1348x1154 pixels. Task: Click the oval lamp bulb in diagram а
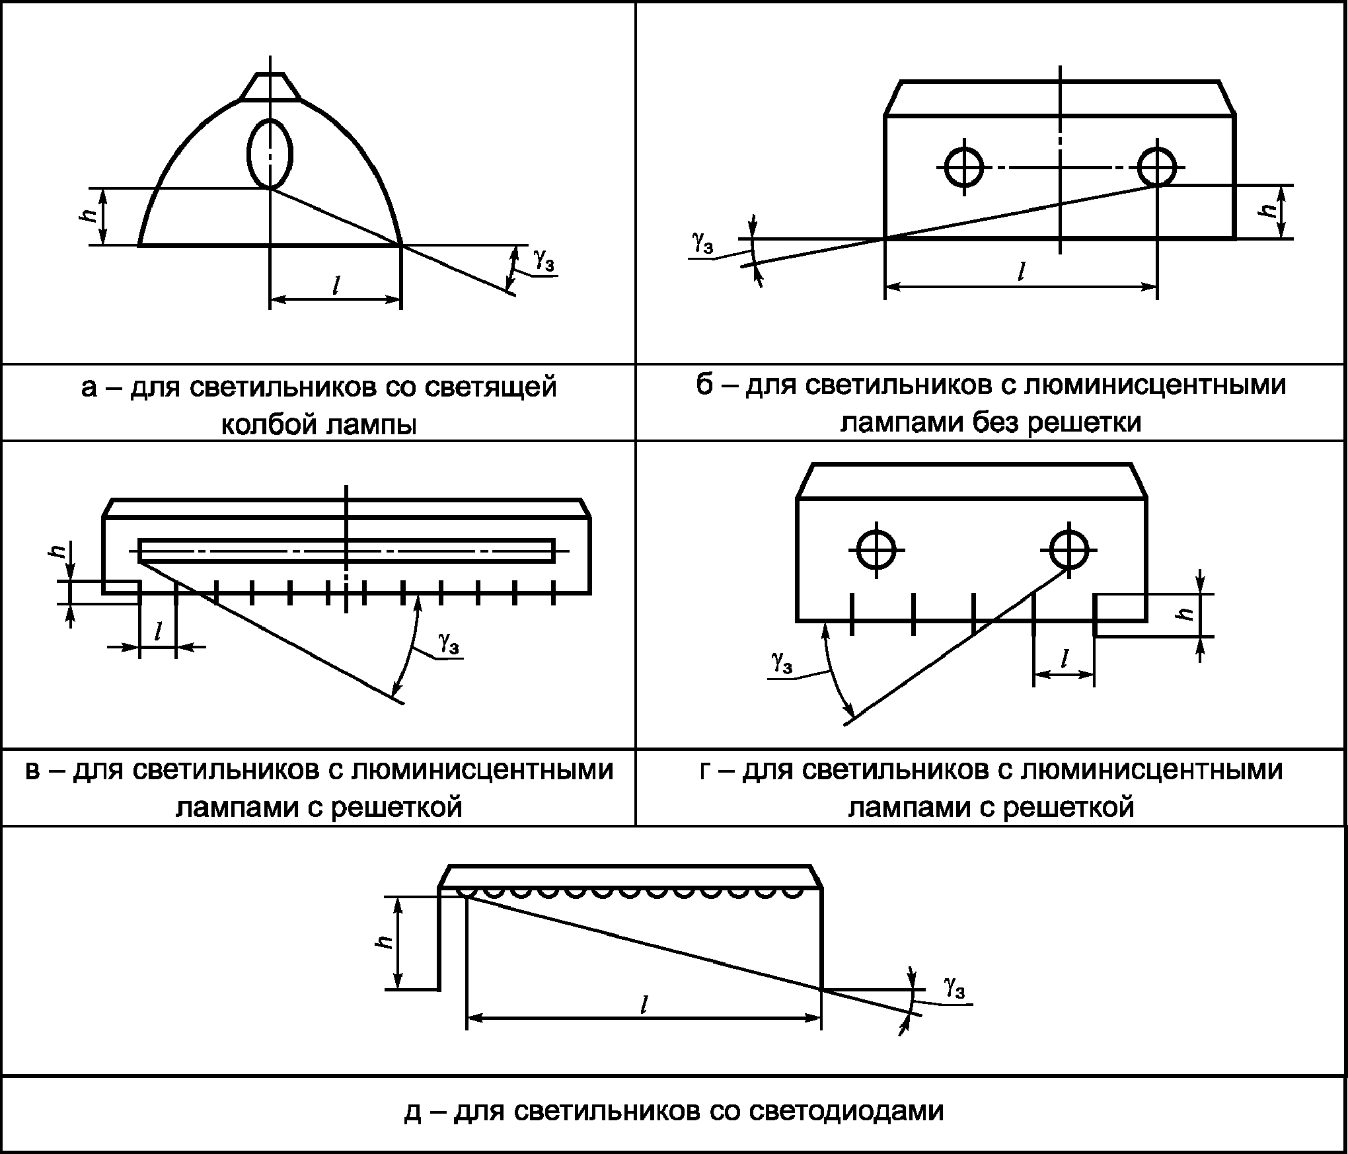click(270, 154)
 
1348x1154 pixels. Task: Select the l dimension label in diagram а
click(336, 286)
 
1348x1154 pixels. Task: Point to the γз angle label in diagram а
click(544, 261)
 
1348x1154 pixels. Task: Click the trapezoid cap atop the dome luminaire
click(270, 87)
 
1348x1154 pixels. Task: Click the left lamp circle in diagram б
click(964, 167)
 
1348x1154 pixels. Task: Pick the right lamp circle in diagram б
click(1157, 167)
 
